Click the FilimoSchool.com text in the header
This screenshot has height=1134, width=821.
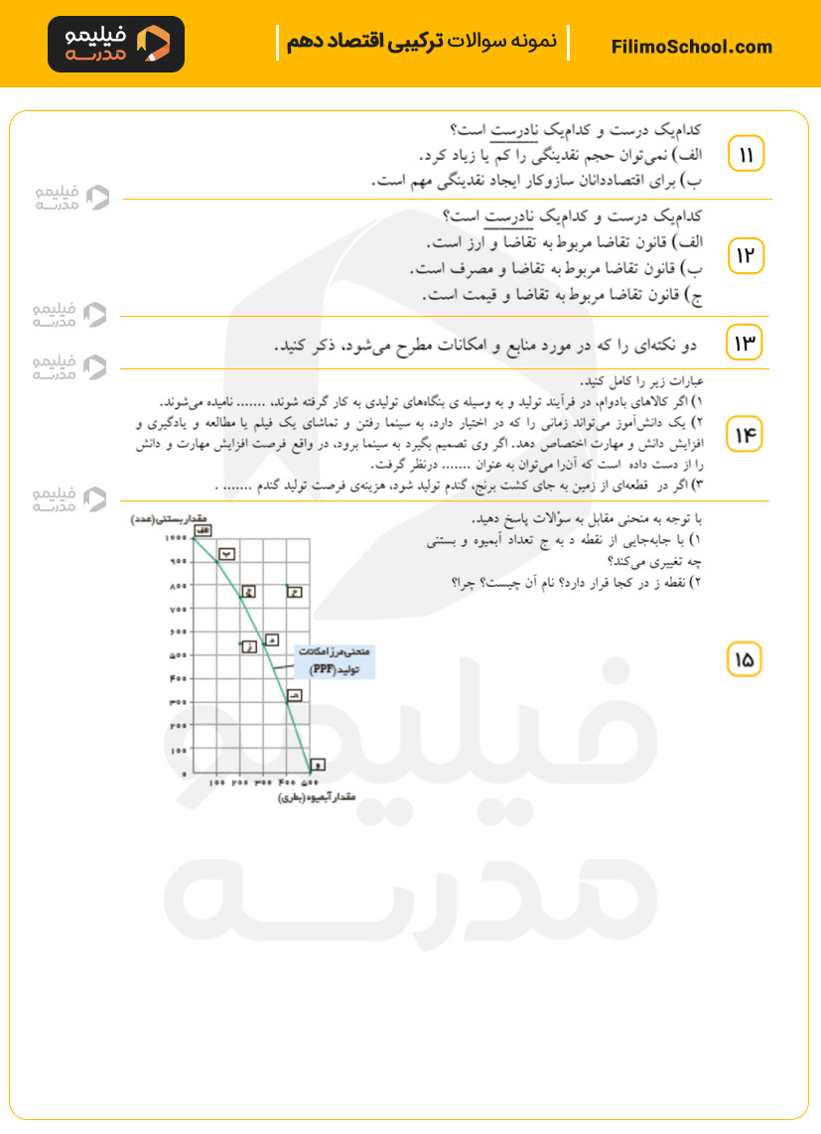692,47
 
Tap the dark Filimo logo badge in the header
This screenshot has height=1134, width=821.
116,45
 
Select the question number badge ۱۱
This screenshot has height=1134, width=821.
746,154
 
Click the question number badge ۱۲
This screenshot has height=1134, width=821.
746,256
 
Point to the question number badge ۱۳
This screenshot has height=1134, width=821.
746,343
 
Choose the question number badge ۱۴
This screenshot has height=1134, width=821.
746,435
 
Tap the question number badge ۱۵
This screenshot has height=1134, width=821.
746,657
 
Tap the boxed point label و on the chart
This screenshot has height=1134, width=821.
317,765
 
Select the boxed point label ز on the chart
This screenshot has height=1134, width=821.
249,646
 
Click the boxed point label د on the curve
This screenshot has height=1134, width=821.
271,639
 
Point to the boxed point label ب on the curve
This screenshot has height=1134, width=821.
226,554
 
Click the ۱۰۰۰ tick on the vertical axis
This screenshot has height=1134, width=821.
175,537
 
